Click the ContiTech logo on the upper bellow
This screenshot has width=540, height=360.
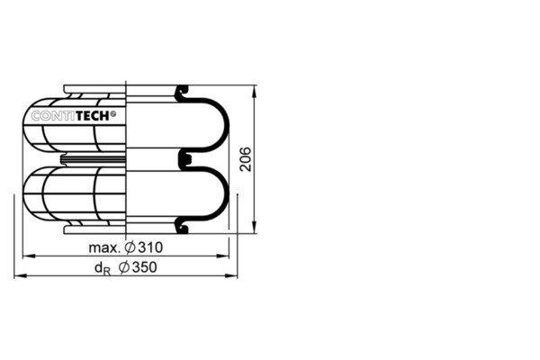[74, 116]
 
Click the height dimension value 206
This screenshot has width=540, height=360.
[246, 159]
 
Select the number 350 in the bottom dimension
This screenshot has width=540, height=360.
[145, 267]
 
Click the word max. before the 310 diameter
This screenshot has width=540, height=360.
[104, 248]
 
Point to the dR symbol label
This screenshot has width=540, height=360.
[103, 269]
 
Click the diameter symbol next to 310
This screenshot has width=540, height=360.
[130, 247]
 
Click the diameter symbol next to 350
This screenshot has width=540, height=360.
[124, 267]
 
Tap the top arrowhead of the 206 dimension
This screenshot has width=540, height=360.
[255, 91]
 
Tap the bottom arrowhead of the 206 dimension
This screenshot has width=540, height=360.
[255, 228]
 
